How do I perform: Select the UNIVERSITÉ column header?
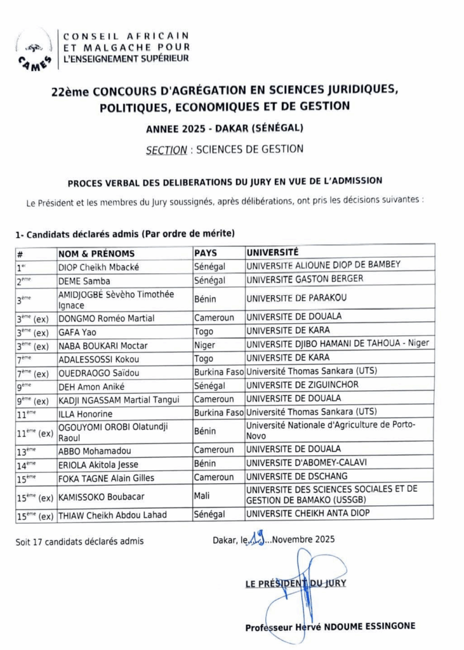pos(272,252)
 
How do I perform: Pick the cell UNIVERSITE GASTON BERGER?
pos(305,279)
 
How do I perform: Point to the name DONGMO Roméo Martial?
pos(106,317)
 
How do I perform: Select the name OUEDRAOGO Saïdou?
pos(98,373)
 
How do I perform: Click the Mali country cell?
pos(203,496)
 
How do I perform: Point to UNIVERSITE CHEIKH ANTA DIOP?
pos(307,514)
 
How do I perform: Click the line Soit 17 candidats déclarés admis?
pos(79,541)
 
